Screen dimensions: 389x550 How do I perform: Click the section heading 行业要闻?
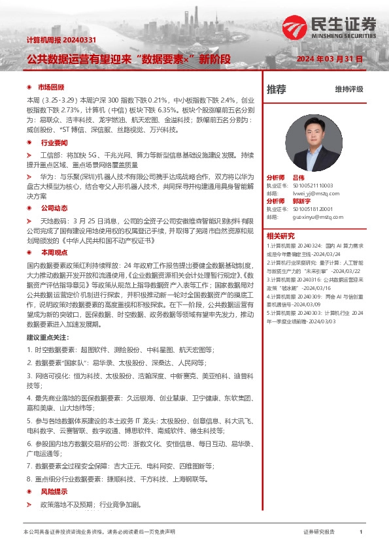[x=54, y=142]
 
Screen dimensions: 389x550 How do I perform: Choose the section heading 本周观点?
[x=54, y=251]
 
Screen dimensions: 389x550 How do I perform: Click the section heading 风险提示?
[x=54, y=491]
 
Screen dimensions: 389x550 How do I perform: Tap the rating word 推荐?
[x=276, y=89]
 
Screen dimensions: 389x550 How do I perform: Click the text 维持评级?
[x=349, y=89]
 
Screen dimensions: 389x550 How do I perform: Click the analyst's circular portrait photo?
[x=323, y=137]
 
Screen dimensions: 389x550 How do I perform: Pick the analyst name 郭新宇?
[x=301, y=201]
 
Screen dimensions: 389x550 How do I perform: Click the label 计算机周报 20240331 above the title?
[x=61, y=40]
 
